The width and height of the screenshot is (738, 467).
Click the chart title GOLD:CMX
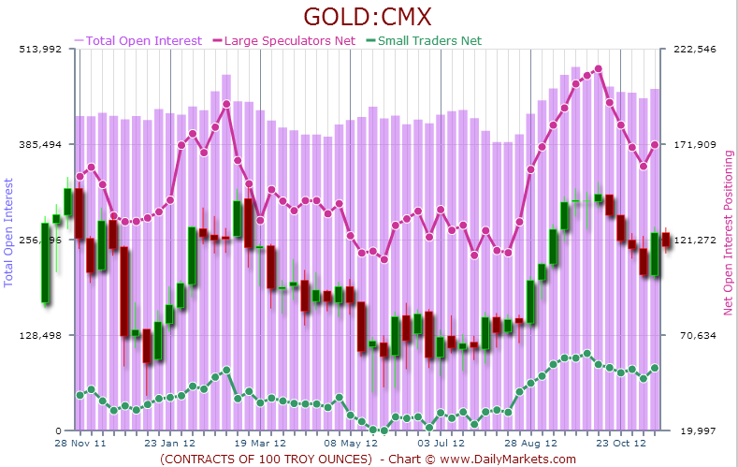(368, 17)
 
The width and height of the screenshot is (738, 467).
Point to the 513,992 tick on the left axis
(41, 50)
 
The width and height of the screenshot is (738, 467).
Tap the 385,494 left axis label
(41, 145)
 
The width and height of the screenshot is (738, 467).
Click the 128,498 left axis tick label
(41, 336)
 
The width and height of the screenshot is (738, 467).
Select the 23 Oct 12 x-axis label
(621, 443)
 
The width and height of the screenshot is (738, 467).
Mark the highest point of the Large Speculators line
(598, 69)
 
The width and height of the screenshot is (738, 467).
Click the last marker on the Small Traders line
(655, 369)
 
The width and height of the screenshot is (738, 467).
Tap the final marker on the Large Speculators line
(655, 145)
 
